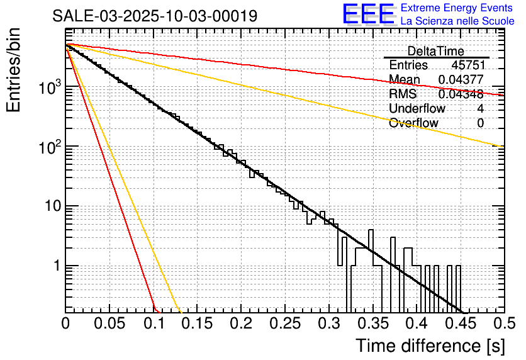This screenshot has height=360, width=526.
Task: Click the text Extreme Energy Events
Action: click(x=457, y=8)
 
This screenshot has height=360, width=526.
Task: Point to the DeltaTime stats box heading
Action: click(x=436, y=51)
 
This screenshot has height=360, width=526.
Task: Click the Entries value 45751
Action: click(x=467, y=65)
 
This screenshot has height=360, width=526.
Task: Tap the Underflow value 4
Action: click(x=480, y=108)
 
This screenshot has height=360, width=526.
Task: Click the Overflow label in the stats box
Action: click(x=413, y=123)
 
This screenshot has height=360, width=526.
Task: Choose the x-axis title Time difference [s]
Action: click(x=430, y=346)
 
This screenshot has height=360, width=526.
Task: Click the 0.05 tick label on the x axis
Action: click(x=109, y=324)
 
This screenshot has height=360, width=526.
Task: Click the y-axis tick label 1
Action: click(x=56, y=266)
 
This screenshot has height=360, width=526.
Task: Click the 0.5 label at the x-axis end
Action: click(x=503, y=324)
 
